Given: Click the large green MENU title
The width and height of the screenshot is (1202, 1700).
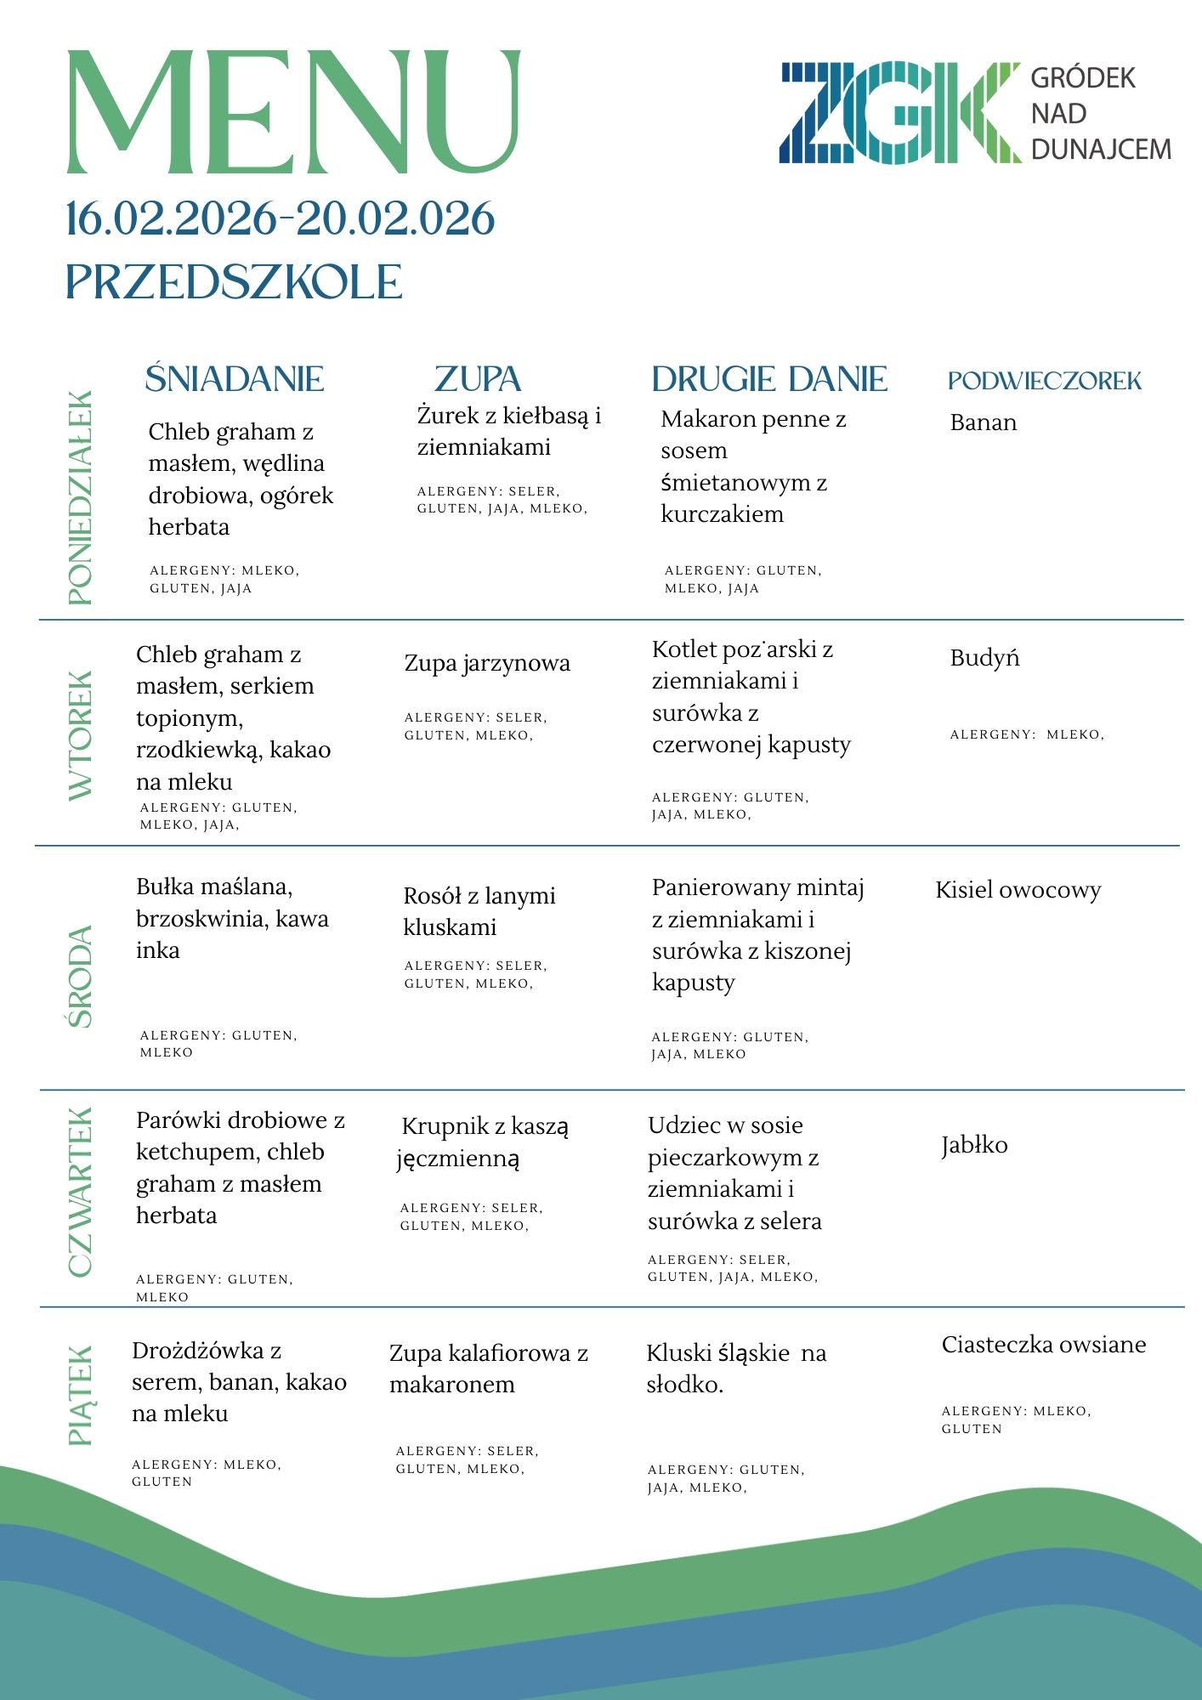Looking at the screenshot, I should point(292,112).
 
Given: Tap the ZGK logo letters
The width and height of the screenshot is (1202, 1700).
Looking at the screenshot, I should point(899,113).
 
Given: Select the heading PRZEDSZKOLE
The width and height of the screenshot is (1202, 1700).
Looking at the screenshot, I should point(234,282).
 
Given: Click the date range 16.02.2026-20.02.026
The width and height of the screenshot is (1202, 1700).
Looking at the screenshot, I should point(281,219).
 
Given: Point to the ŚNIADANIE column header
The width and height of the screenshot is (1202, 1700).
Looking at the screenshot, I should point(235,379).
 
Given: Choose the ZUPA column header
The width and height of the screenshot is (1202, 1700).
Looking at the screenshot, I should point(478,379).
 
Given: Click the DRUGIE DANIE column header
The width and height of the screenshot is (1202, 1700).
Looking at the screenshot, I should point(769,379).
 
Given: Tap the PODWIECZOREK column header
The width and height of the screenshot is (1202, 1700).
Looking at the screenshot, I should point(1045,381).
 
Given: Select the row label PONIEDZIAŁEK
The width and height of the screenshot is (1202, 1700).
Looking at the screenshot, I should point(81,498).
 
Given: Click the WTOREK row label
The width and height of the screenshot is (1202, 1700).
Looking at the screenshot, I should point(81,735).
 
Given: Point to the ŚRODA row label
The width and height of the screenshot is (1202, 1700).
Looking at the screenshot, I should point(81,977).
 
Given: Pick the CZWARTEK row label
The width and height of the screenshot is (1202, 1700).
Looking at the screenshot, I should point(81,1192).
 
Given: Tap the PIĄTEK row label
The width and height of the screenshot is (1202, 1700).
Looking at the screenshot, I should point(81,1395).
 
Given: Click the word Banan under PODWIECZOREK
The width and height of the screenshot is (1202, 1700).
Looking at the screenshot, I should point(984,422).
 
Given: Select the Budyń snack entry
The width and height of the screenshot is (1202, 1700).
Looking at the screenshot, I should point(984,658).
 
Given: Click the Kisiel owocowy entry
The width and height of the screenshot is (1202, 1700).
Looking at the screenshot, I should point(1018,890).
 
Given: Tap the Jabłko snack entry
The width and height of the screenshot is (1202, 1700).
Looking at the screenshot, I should point(974,1145).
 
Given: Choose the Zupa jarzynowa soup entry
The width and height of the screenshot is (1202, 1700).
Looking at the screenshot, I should point(487,663).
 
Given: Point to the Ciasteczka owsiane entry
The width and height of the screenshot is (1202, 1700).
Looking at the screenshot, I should point(1044,1345).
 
